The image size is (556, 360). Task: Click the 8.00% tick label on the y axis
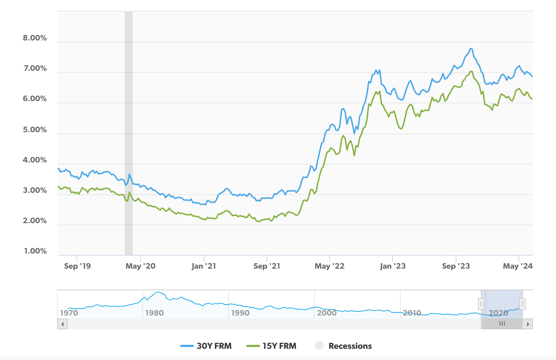click(35, 38)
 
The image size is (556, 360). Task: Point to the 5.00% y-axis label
click(35, 130)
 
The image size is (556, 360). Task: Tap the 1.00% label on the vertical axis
click(35, 251)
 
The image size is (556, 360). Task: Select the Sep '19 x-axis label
click(77, 266)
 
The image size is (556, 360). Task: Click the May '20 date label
click(140, 266)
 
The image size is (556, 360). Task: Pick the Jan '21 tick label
click(204, 266)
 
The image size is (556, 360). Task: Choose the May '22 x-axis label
click(330, 266)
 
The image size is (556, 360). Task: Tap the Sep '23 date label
click(456, 266)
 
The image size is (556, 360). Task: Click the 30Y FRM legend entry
click(206, 346)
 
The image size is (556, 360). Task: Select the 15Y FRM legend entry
click(271, 346)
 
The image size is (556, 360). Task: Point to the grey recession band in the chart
click(129, 134)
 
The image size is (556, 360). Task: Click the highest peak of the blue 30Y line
click(470, 48)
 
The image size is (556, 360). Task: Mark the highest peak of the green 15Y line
click(471, 71)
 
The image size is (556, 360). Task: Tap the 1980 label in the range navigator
click(154, 313)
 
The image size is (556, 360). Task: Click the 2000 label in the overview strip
click(327, 313)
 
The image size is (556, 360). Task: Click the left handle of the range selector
click(481, 304)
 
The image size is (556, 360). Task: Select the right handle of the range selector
click(522, 304)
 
